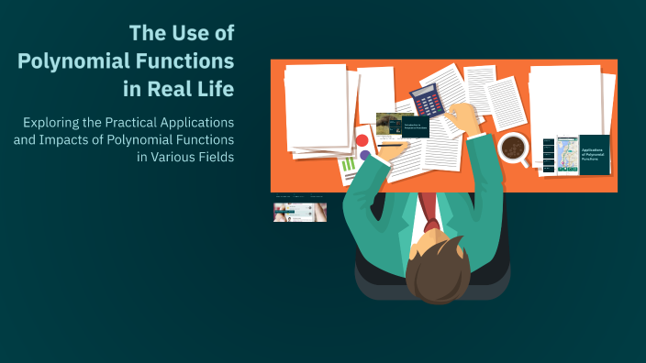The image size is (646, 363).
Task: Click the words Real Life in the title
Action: pos(193,90)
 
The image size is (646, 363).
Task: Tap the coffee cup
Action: pos(512,147)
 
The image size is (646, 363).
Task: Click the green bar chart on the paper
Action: pos(349,168)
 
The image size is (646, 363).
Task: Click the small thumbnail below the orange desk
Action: pos(299,212)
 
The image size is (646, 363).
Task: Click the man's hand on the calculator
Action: pos(464,116)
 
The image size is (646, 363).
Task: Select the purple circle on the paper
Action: pos(365,156)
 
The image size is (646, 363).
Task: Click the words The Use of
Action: pos(182,34)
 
